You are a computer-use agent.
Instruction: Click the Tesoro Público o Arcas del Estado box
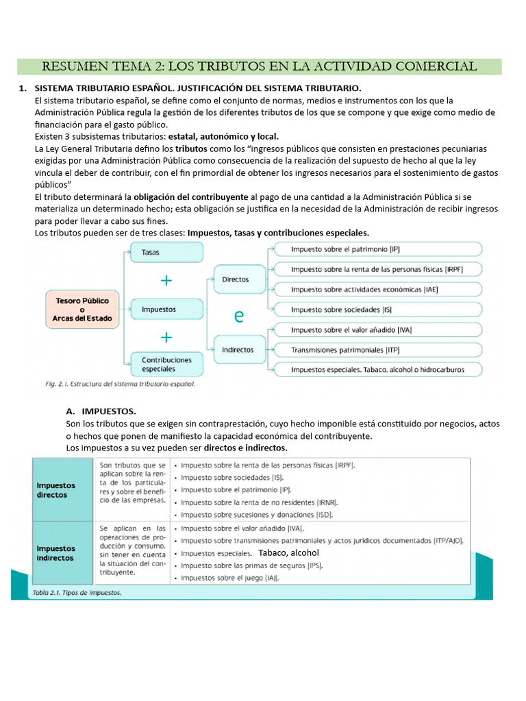point(83,309)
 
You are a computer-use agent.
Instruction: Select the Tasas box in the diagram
point(166,253)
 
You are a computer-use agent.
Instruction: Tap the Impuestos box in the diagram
point(166,309)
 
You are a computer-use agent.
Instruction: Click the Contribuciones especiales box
point(166,364)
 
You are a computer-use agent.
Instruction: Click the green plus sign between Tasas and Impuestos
point(166,281)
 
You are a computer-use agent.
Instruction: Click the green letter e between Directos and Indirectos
point(238,316)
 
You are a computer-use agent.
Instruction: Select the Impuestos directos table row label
point(57,490)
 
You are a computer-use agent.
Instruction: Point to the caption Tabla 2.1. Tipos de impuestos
point(77,593)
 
